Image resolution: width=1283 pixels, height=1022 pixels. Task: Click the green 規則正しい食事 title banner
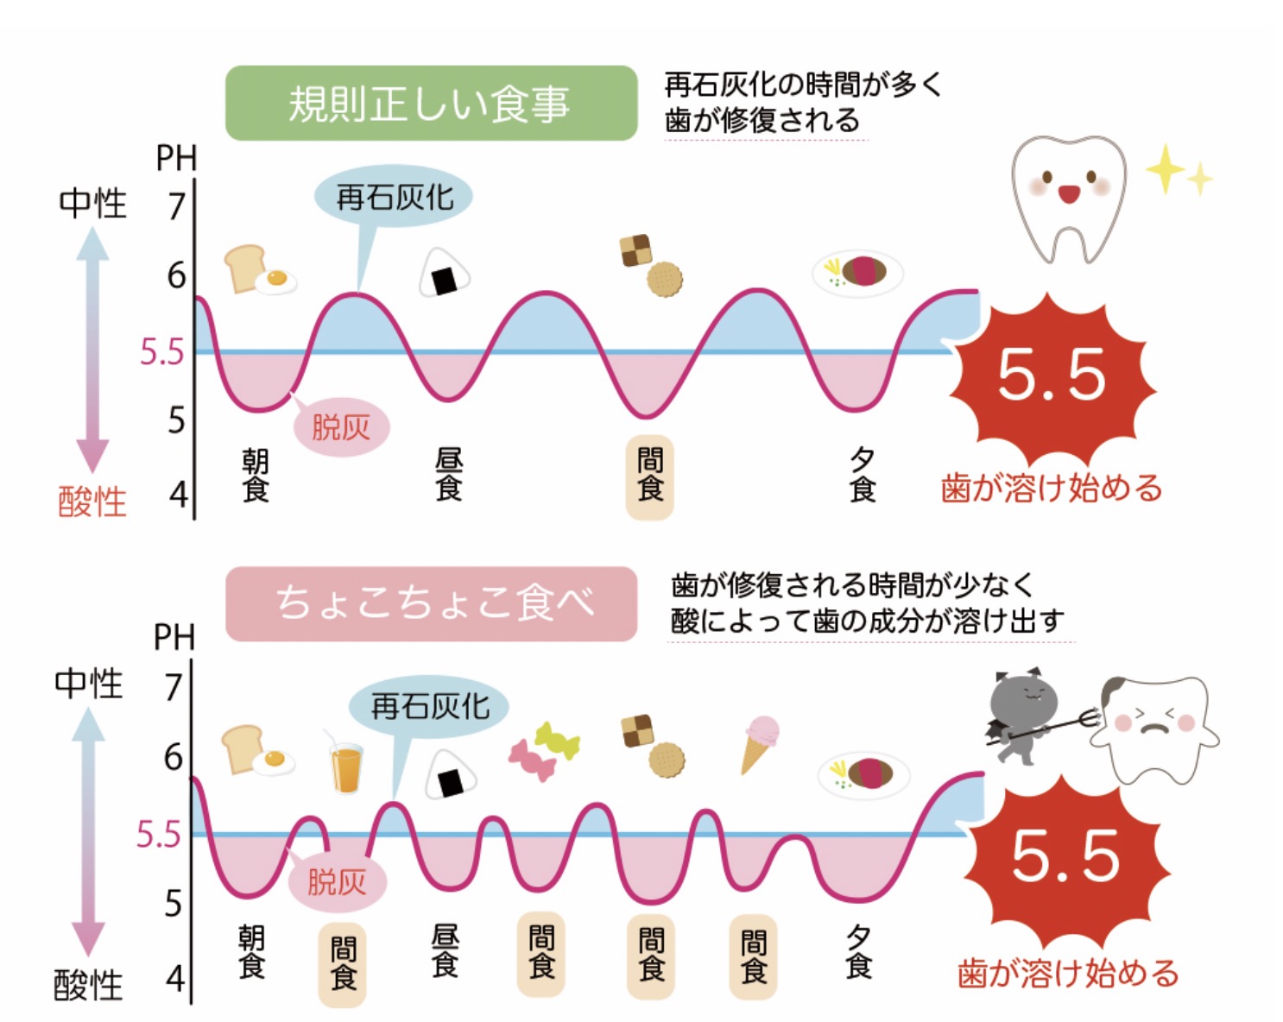click(x=430, y=104)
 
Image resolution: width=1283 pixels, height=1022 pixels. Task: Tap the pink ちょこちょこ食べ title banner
click(x=430, y=603)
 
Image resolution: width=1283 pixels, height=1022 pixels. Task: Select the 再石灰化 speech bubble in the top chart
click(x=394, y=198)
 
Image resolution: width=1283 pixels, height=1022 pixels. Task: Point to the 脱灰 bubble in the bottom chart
click(x=337, y=881)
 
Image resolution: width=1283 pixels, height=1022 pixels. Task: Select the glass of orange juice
click(x=345, y=766)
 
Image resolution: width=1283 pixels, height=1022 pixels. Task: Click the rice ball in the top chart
click(x=445, y=272)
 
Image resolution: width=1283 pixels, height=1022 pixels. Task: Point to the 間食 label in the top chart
click(x=649, y=476)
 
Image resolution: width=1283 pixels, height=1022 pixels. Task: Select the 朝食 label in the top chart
click(x=256, y=476)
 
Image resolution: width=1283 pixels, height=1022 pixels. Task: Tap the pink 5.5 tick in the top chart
click(x=162, y=352)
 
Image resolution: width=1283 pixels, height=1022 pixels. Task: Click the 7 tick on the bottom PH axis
click(x=174, y=688)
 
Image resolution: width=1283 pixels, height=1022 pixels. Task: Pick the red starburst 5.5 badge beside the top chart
click(x=1052, y=375)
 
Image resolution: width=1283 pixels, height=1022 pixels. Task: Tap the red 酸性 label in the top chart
click(x=92, y=502)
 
